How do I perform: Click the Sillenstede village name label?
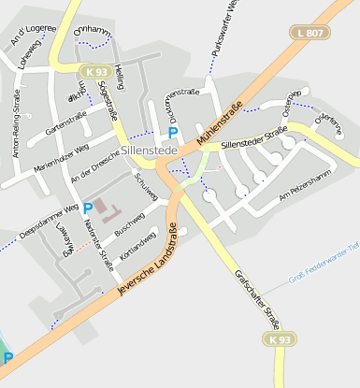click(x=151, y=150)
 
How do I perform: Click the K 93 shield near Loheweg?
click(x=94, y=71)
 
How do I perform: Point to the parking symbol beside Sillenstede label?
click(x=173, y=134)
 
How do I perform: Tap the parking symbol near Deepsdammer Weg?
click(x=88, y=208)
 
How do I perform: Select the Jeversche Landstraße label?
click(x=148, y=262)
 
